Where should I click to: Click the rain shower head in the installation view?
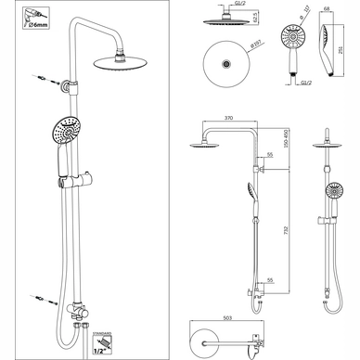(122, 62)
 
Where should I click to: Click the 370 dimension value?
(227, 120)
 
